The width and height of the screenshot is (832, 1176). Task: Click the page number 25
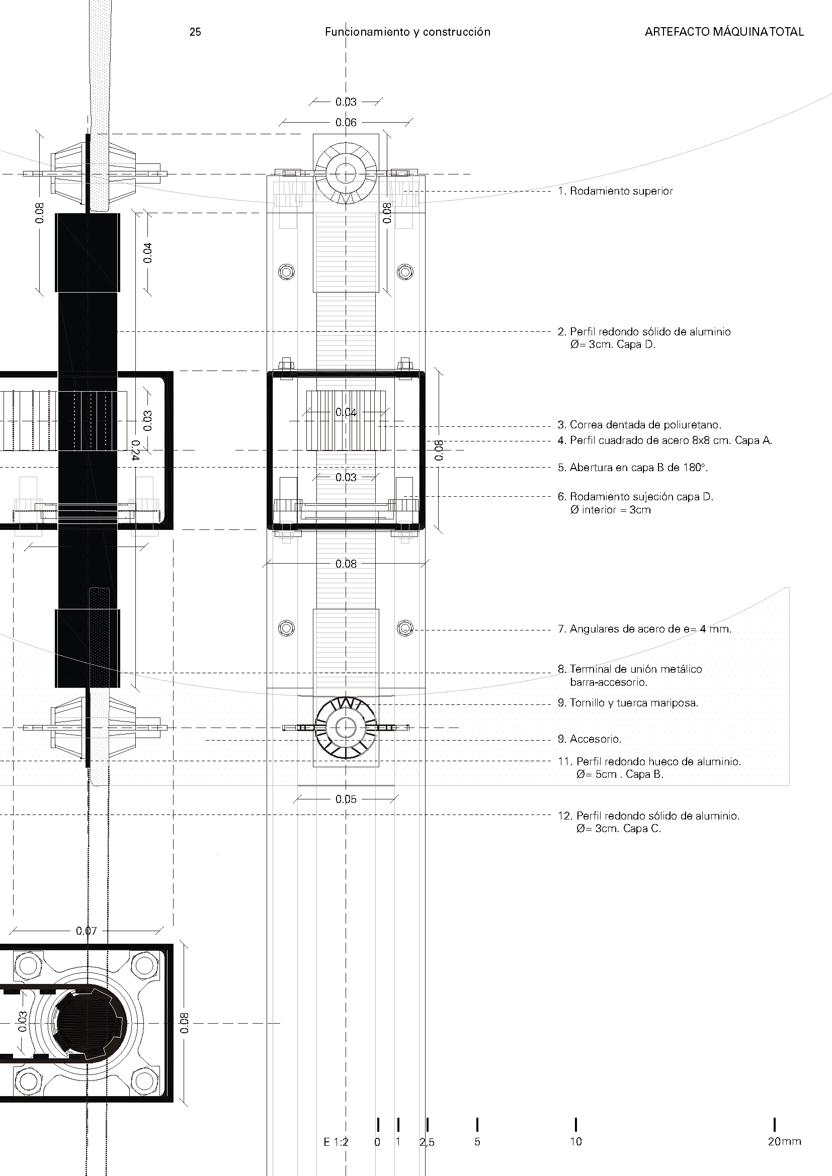tap(195, 32)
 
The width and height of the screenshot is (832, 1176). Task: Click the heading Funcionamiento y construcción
tap(407, 32)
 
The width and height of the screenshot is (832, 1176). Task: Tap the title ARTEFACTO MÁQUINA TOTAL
tap(724, 32)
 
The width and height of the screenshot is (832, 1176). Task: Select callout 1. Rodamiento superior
tap(615, 191)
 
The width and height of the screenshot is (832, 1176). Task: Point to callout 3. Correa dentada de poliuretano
tap(639, 425)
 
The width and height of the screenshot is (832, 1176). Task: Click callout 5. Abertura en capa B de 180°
tap(633, 467)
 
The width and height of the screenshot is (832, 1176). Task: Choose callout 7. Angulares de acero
tap(644, 628)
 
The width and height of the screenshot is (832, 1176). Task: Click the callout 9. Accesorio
tap(589, 739)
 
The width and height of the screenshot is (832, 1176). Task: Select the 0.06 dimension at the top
tap(346, 122)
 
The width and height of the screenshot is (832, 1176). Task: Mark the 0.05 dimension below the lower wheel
tap(346, 799)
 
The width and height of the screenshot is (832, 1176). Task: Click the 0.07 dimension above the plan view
tap(86, 931)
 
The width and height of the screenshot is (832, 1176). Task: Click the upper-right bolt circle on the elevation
tap(405, 271)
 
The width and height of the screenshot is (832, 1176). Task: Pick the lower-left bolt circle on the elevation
tap(286, 627)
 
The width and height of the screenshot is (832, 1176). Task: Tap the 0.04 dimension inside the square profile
tap(346, 412)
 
